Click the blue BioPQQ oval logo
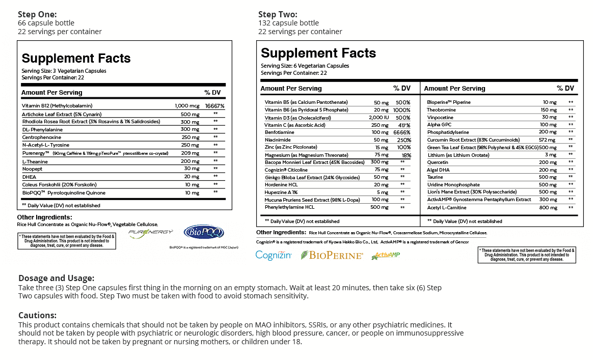point(203,232)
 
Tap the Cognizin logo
point(274,256)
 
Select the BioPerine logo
point(332,256)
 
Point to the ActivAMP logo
point(385,256)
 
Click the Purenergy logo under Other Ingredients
point(150,233)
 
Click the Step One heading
point(37,14)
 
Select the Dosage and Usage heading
point(57,279)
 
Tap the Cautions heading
point(37,315)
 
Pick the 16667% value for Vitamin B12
point(214,106)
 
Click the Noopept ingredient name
point(32,169)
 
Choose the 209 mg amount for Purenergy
point(190,153)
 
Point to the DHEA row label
point(29,177)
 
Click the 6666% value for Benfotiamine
point(401,133)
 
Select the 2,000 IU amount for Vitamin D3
point(379,118)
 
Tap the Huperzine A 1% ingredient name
point(281,192)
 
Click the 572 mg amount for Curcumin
point(547,140)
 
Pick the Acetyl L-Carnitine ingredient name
point(447,208)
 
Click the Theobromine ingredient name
point(441,110)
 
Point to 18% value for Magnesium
point(406,155)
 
